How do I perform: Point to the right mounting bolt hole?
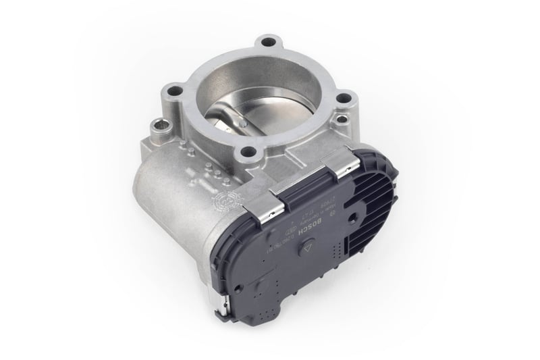[345, 99]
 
